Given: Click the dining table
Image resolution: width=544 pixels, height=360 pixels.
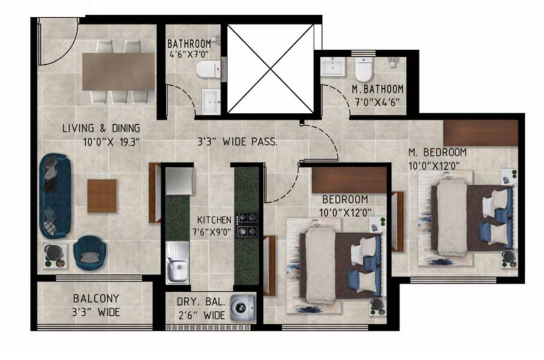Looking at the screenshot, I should click(119, 71).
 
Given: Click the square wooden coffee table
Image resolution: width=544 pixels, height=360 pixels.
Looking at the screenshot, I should click(102, 196).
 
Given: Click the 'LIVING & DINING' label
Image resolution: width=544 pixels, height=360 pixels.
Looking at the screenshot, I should click(101, 128).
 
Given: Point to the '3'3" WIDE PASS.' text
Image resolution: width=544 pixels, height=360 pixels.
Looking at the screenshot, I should click(237, 143).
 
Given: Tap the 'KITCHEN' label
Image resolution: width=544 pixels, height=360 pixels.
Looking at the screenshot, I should click(210, 220).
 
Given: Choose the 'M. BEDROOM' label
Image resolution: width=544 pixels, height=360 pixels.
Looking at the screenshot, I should click(437, 152).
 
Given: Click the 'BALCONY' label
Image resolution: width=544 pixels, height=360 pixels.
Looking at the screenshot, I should click(96, 298).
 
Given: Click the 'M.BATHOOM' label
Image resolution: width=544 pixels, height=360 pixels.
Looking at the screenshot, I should click(378, 89).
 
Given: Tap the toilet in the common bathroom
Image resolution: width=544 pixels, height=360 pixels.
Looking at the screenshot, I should click(208, 69).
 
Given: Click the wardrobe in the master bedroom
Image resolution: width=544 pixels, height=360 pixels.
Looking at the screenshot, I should click(480, 133).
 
